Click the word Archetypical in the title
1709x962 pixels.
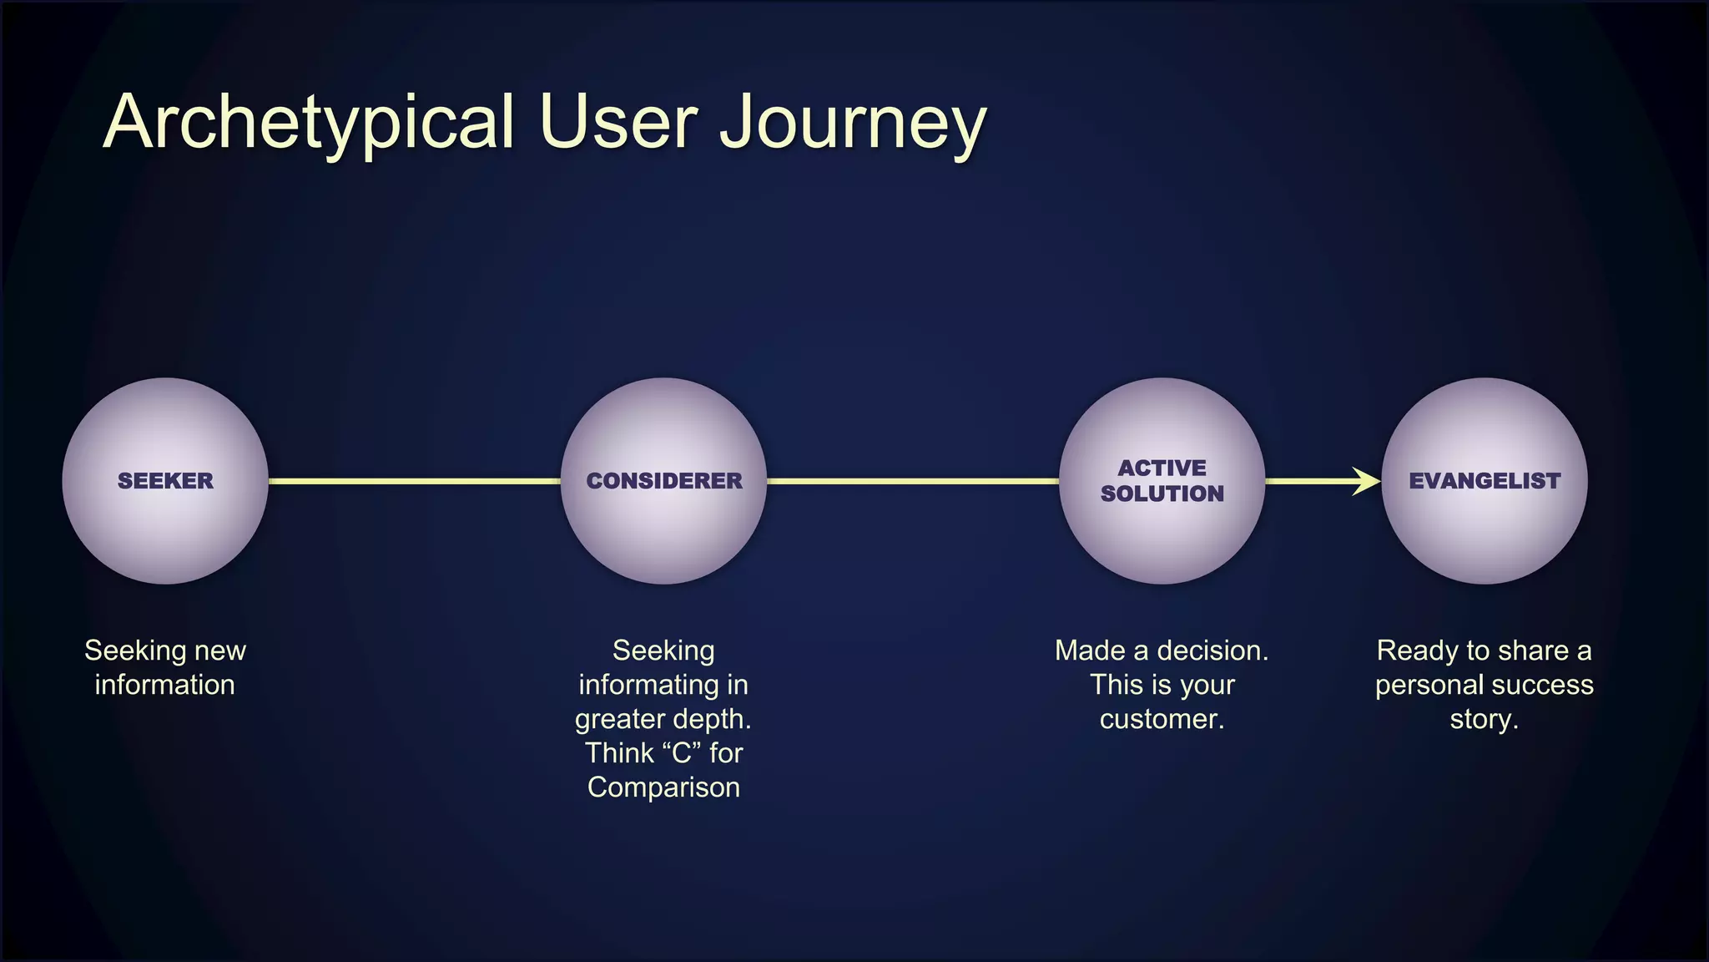[309, 124]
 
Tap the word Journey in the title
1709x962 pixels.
[853, 124]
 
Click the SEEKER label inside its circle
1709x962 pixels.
[165, 481]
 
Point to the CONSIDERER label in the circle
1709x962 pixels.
[664, 481]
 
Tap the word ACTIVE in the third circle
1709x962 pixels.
[1162, 468]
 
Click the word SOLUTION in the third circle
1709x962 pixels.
[1162, 494]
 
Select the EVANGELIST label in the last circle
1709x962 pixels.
[1485, 481]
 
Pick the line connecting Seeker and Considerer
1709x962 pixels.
[414, 481]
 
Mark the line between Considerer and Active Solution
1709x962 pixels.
[913, 481]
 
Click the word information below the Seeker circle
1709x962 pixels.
[164, 685]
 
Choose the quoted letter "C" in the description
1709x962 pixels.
[681, 753]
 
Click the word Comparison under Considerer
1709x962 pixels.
[663, 787]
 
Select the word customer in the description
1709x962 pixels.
[1162, 719]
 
